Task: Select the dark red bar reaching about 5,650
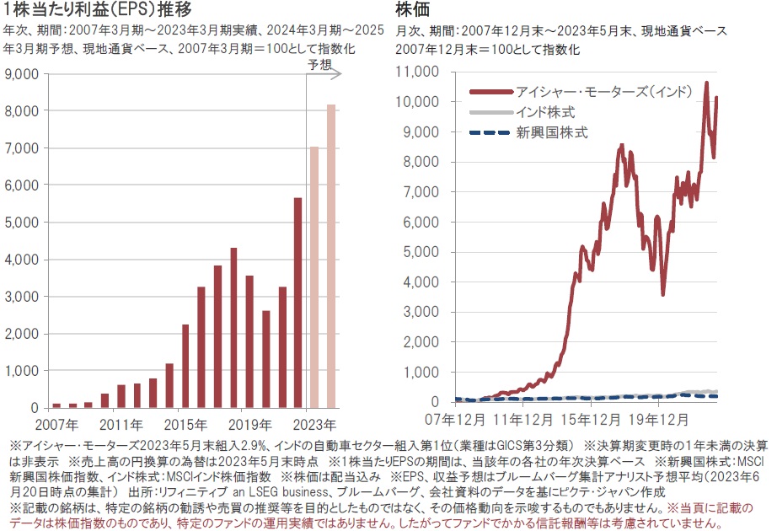click(297, 303)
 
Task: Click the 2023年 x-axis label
click(319, 423)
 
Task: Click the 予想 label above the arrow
click(319, 64)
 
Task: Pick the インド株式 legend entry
click(555, 111)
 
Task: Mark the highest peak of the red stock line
click(706, 83)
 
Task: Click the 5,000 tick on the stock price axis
click(421, 251)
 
